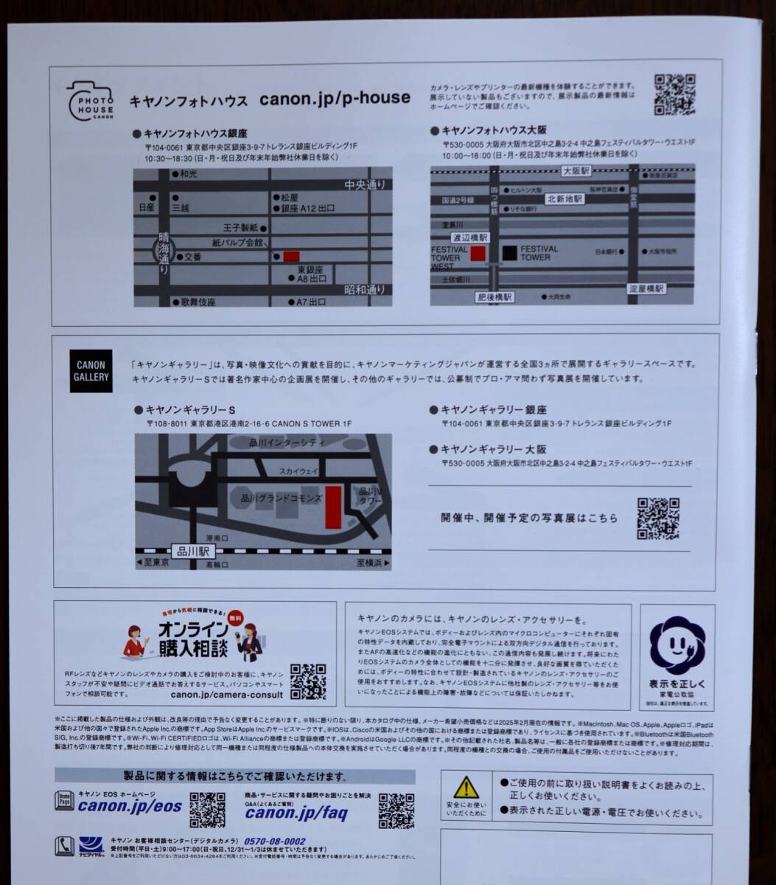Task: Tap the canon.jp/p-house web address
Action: pos(335,98)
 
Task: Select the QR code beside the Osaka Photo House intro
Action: pos(674,94)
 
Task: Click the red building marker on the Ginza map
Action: pos(291,256)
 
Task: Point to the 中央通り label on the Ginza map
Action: pos(364,185)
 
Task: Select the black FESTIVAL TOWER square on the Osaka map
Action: pos(509,253)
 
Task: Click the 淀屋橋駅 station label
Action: pos(646,288)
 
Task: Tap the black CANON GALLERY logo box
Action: pos(91,370)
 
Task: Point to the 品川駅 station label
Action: pos(193,550)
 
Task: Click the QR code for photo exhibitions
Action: pos(657,518)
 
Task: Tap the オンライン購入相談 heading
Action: pos(194,639)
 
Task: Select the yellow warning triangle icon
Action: pos(466,787)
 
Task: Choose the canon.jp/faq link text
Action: pos(296,813)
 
